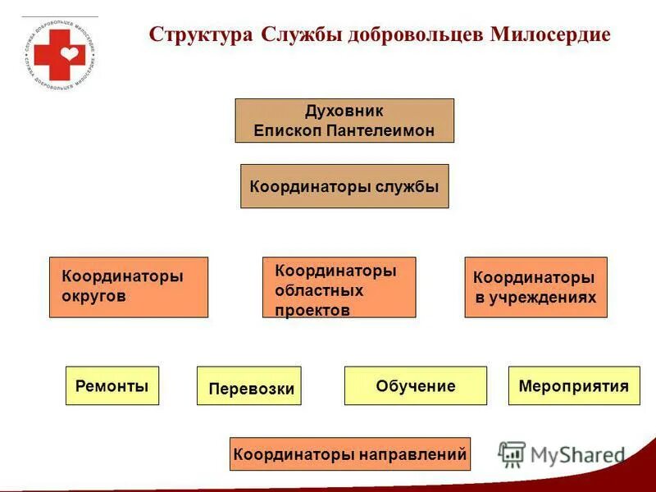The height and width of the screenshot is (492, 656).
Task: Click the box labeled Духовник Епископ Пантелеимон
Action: pyautogui.click(x=344, y=121)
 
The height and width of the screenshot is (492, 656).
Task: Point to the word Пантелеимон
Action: pyautogui.click(x=382, y=130)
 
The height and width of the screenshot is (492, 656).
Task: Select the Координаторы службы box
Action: pyautogui.click(x=344, y=186)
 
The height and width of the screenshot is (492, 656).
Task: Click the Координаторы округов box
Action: pyautogui.click(x=129, y=287)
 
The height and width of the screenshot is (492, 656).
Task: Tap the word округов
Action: pyautogui.click(x=94, y=296)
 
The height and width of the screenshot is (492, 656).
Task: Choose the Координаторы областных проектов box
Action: pyautogui.click(x=339, y=287)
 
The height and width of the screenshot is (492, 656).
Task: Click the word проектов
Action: pyautogui.click(x=312, y=310)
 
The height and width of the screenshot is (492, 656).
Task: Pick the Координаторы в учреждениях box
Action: pyautogui.click(x=535, y=287)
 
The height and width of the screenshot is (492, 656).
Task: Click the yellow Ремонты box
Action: pyautogui.click(x=112, y=385)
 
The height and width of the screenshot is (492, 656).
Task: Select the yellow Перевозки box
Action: pyautogui.click(x=249, y=386)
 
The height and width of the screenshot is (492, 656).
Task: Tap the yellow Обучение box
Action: pyautogui.click(x=415, y=385)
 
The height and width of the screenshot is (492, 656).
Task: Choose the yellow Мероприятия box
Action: pyautogui.click(x=574, y=385)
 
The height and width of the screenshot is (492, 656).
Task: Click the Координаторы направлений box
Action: pyautogui.click(x=350, y=453)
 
